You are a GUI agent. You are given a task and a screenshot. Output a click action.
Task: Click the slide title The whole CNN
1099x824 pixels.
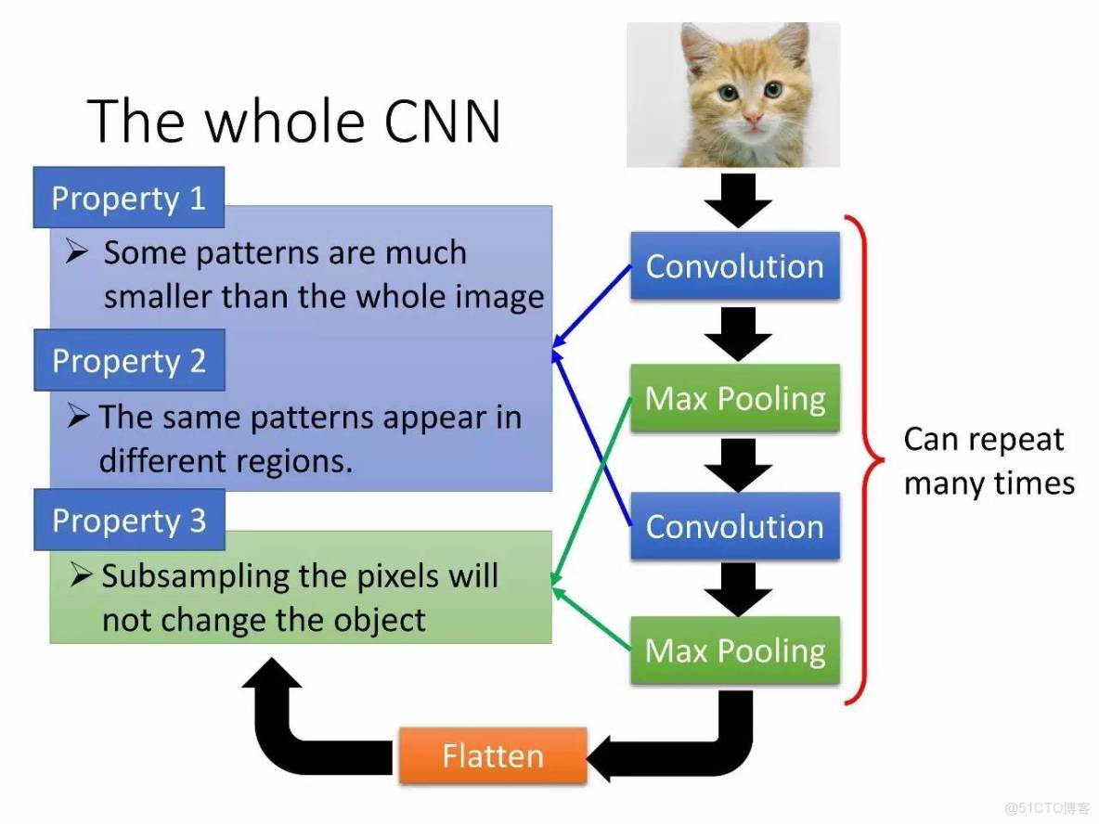[295, 121]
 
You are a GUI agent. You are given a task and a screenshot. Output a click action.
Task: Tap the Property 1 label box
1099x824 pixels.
[128, 198]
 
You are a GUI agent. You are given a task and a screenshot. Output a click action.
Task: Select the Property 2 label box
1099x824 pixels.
[129, 360]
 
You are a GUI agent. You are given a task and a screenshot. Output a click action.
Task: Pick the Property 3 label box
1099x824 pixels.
[129, 520]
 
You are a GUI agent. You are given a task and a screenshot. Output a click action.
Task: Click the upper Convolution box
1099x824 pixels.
[734, 266]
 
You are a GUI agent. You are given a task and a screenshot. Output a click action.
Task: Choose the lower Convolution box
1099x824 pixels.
[734, 526]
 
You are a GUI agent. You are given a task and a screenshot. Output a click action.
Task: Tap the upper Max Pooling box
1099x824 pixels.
[734, 399]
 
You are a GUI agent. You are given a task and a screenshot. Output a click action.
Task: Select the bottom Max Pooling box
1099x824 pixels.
[734, 650]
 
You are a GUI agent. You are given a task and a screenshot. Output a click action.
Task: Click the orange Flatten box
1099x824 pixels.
[493, 755]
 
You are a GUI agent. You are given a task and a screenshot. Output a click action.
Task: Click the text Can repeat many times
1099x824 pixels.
[989, 461]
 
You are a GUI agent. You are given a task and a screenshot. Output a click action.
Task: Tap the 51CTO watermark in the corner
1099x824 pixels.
[1045, 805]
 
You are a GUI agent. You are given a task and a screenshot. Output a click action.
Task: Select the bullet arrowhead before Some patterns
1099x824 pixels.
[78, 252]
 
